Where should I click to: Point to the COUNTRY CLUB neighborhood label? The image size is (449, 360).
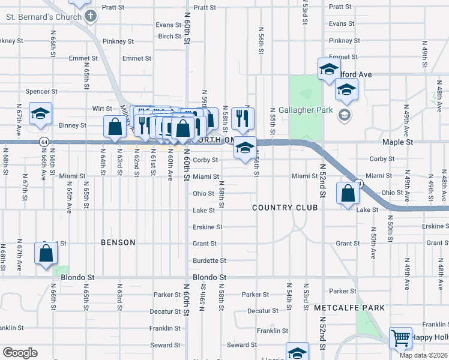pyautogui.click(x=280, y=208)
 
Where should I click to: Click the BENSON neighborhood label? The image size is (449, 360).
pyautogui.click(x=118, y=242)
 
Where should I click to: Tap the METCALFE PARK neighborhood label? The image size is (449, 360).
pyautogui.click(x=349, y=308)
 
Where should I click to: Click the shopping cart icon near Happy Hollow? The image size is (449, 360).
pyautogui.click(x=400, y=337)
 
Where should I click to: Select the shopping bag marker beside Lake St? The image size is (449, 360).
pyautogui.click(x=348, y=193)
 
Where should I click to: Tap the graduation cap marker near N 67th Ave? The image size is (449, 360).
pyautogui.click(x=41, y=113)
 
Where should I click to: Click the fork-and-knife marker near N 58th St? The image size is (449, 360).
pyautogui.click(x=243, y=118)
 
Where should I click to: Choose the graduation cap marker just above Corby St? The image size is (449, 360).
pyautogui.click(x=244, y=147)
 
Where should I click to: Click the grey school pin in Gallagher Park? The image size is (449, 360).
pyautogui.click(x=345, y=114)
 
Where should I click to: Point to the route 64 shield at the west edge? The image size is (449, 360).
pyautogui.click(x=44, y=142)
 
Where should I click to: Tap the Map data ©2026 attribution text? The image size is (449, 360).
pyautogui.click(x=424, y=355)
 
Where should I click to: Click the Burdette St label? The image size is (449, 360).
pyautogui.click(x=209, y=261)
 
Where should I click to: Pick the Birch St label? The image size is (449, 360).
pyautogui.click(x=170, y=37)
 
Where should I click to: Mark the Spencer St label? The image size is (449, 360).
pyautogui.click(x=41, y=92)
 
